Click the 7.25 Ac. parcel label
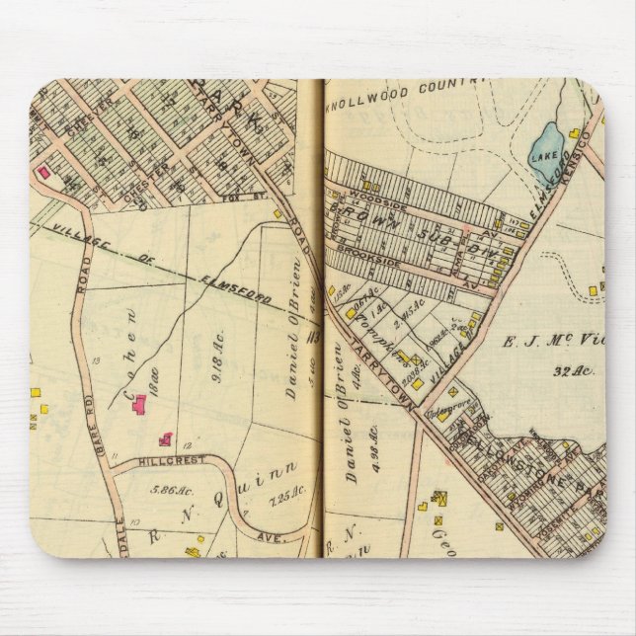pyautogui.click(x=262, y=493)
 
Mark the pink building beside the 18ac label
pyautogui.click(x=139, y=404)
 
